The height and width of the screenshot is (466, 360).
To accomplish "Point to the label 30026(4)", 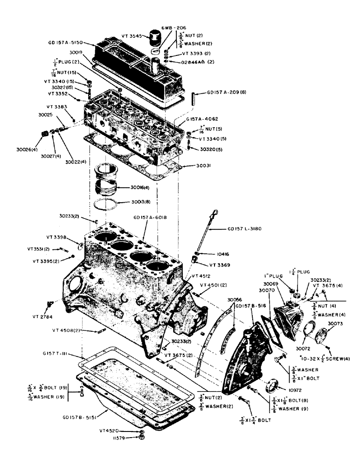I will click(28, 150).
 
